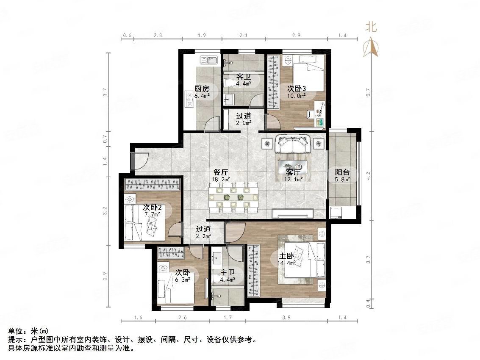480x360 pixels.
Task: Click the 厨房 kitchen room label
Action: coord(202,89)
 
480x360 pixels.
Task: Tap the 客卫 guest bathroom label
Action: coord(243,77)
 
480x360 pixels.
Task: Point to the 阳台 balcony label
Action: coord(342,172)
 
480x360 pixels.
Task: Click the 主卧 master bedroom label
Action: coord(286,256)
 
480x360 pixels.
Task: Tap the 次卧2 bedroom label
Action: coord(152,208)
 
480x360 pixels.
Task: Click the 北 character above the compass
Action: coord(372,28)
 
